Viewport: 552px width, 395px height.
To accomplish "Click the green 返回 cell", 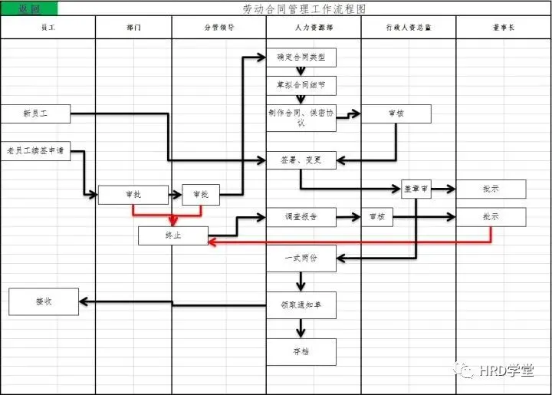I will click(x=28, y=9).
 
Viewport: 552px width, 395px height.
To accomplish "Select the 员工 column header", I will click(x=48, y=28).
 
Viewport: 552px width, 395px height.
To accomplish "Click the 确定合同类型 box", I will click(x=301, y=58).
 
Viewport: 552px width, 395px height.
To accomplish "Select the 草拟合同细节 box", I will click(x=301, y=85).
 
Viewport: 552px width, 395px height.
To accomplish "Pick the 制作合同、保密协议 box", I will click(x=301, y=117).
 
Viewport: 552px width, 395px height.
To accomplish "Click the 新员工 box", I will click(x=35, y=114).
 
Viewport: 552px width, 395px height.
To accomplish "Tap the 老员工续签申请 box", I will click(x=35, y=150).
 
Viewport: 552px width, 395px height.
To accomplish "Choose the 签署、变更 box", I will click(x=301, y=160).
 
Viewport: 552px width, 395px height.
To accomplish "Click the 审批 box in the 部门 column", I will click(x=133, y=195).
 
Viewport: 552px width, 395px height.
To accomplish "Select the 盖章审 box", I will click(x=416, y=189).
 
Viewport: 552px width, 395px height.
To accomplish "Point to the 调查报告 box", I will click(x=301, y=217).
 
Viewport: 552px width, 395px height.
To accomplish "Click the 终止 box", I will click(x=172, y=235).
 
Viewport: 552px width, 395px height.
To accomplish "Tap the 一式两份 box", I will click(x=301, y=258).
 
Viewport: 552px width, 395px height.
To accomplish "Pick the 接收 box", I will click(x=44, y=301).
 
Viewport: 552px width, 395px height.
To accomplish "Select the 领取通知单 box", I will click(x=301, y=304).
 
